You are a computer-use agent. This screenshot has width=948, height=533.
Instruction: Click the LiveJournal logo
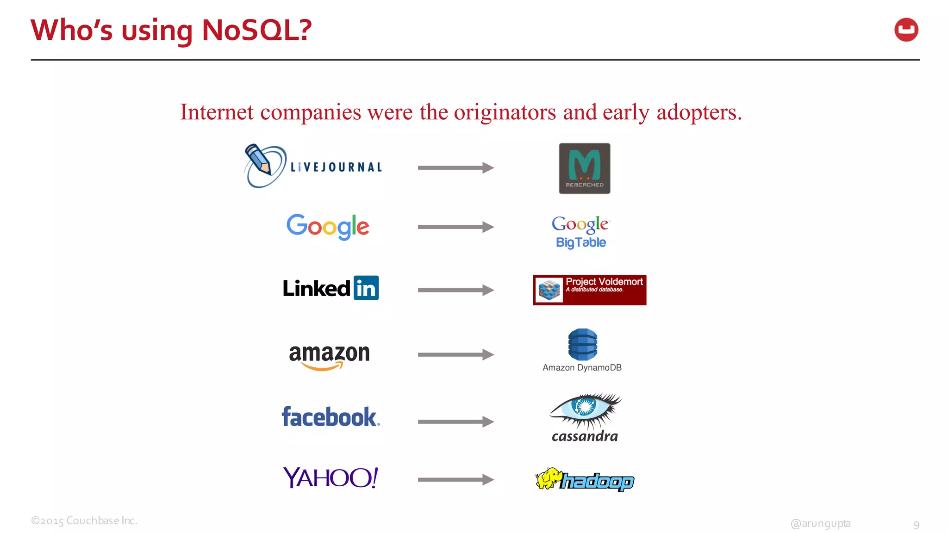[313, 167]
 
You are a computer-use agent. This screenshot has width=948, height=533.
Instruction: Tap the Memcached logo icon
[584, 168]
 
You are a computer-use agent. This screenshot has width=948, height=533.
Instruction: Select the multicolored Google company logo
[328, 226]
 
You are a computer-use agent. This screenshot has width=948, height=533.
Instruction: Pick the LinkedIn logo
[331, 288]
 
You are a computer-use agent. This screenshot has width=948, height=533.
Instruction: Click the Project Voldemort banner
[589, 290]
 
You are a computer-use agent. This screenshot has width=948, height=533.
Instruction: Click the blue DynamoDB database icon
[582, 345]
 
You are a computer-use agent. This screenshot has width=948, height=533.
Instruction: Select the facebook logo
[331, 416]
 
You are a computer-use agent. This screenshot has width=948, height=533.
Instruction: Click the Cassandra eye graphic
[585, 409]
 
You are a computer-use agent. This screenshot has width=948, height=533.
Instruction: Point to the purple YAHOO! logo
[331, 478]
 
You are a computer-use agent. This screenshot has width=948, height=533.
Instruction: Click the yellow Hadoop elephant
[548, 478]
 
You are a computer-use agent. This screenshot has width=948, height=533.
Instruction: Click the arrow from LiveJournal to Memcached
[455, 167]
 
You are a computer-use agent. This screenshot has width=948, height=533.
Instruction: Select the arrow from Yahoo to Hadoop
[455, 480]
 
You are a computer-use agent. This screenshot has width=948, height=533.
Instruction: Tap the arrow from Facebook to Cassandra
[455, 421]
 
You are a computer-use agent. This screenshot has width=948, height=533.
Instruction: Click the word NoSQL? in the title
[257, 30]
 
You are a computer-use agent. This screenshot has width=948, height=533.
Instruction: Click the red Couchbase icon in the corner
[906, 30]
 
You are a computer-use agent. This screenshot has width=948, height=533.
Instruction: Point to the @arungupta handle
[820, 523]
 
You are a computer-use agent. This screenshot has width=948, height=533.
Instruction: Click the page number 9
[916, 525]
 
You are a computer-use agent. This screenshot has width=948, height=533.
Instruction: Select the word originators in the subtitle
[505, 112]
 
